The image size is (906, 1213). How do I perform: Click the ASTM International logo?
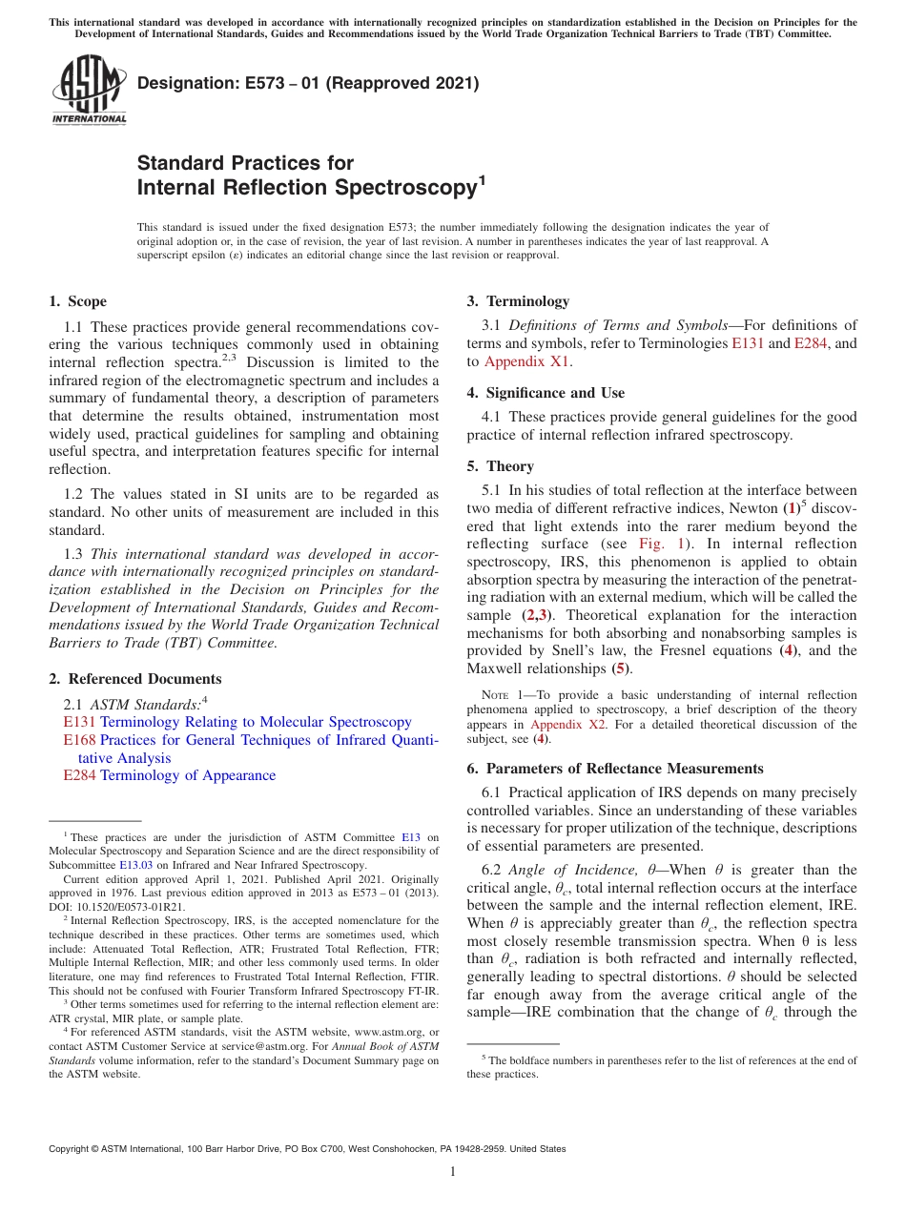coord(88,91)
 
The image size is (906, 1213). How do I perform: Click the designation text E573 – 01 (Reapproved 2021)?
coord(307,84)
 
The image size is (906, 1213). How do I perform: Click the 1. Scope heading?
coord(77,301)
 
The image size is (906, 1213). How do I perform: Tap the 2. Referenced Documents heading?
coord(134,679)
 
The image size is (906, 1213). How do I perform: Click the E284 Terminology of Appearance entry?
coord(169,775)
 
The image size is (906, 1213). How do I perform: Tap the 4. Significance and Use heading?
coord(546,393)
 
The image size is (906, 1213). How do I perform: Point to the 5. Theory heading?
coord(500,466)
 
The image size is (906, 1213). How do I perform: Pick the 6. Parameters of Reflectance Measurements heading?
coord(615,769)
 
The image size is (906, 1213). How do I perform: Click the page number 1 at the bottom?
coord(453,1172)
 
